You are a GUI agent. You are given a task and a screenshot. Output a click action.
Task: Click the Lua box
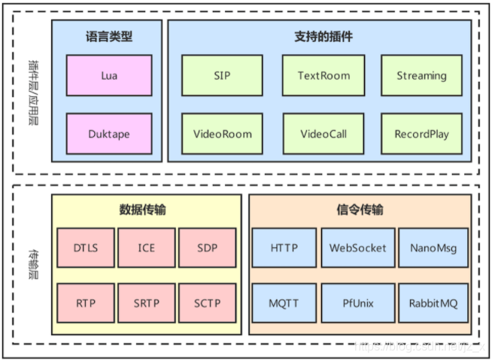[109, 75]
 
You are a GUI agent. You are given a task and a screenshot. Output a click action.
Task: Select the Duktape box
[109, 134]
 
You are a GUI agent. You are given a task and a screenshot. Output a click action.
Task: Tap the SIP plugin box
[222, 75]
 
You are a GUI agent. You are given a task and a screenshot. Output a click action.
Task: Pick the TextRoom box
[323, 75]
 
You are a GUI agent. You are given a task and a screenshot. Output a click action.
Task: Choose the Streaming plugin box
[421, 75]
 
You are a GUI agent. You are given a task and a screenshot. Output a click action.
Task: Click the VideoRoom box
[222, 134]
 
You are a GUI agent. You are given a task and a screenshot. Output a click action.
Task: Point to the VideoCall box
[323, 134]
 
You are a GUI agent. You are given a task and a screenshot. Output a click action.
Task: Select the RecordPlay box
[421, 134]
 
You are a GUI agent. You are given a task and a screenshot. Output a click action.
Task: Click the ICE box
[147, 248]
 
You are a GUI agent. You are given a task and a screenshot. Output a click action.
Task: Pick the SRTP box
[147, 304]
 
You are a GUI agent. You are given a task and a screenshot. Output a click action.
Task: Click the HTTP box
[284, 248]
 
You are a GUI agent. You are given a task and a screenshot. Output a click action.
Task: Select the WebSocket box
[358, 248]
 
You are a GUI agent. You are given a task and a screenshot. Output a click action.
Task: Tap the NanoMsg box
[433, 248]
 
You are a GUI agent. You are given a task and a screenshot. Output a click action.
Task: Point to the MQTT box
[284, 304]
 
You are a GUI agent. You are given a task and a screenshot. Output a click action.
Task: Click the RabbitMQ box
[433, 304]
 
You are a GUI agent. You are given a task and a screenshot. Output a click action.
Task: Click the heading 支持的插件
[323, 36]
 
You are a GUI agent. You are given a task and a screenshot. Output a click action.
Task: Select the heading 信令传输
[360, 210]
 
